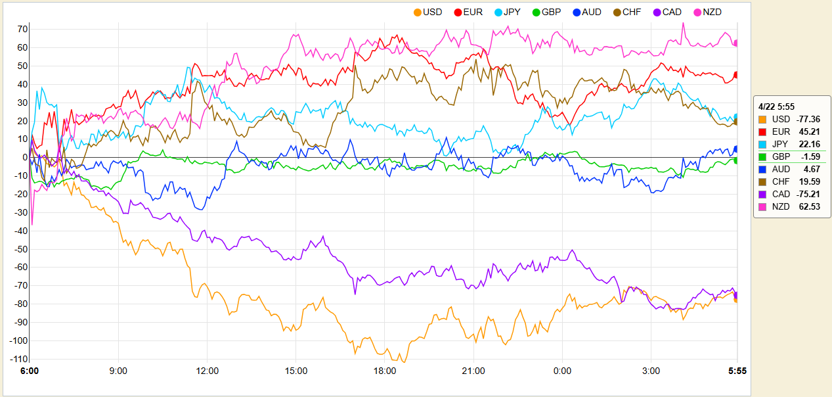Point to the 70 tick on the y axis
coord(22,29)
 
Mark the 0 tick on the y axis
coord(24,157)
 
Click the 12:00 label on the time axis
coord(208,371)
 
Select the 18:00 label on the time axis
coord(385,371)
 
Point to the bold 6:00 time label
coord(30,371)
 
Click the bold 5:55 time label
coord(737,371)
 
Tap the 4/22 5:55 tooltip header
coord(777,106)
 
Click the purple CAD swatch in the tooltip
coord(762,195)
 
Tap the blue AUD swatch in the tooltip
coord(762,170)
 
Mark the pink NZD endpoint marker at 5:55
coord(736,43)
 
